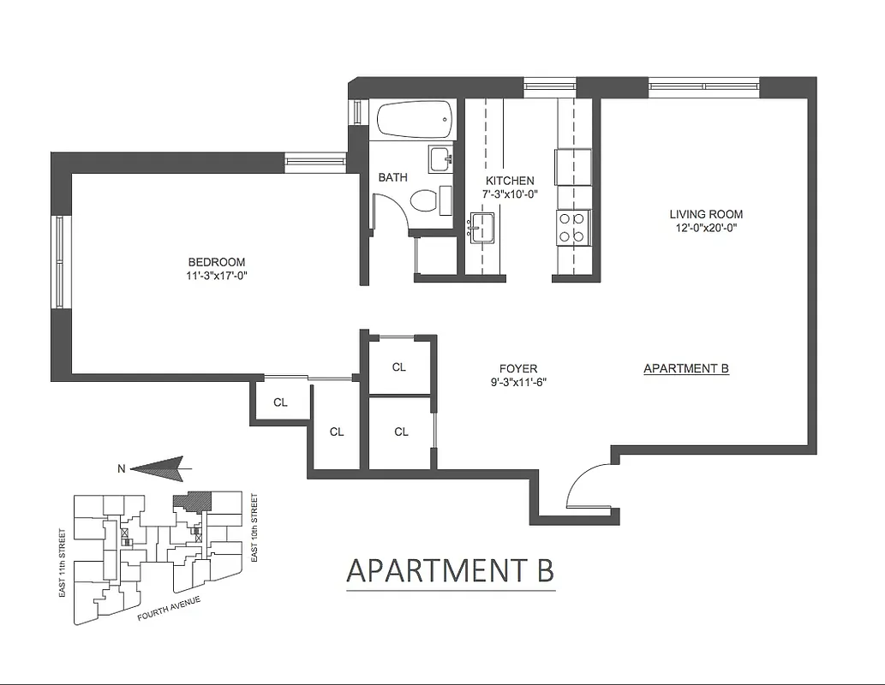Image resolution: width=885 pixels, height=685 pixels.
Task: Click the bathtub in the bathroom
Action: (x=414, y=120)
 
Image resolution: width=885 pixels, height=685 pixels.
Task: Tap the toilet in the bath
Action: (x=424, y=201)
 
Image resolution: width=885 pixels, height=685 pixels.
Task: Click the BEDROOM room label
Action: (x=217, y=262)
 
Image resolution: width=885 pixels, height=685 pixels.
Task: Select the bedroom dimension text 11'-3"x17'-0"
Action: (x=217, y=275)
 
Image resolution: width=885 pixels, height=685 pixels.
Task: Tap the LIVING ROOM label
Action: (x=706, y=214)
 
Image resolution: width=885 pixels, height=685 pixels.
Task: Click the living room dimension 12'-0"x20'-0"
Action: (x=706, y=228)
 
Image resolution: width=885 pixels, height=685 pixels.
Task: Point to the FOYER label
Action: (x=517, y=369)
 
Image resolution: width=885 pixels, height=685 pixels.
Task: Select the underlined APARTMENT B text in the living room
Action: (x=685, y=369)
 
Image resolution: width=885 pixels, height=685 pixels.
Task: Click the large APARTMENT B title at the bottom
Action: (x=450, y=570)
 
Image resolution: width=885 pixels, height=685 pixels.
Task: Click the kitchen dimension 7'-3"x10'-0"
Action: (x=510, y=194)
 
